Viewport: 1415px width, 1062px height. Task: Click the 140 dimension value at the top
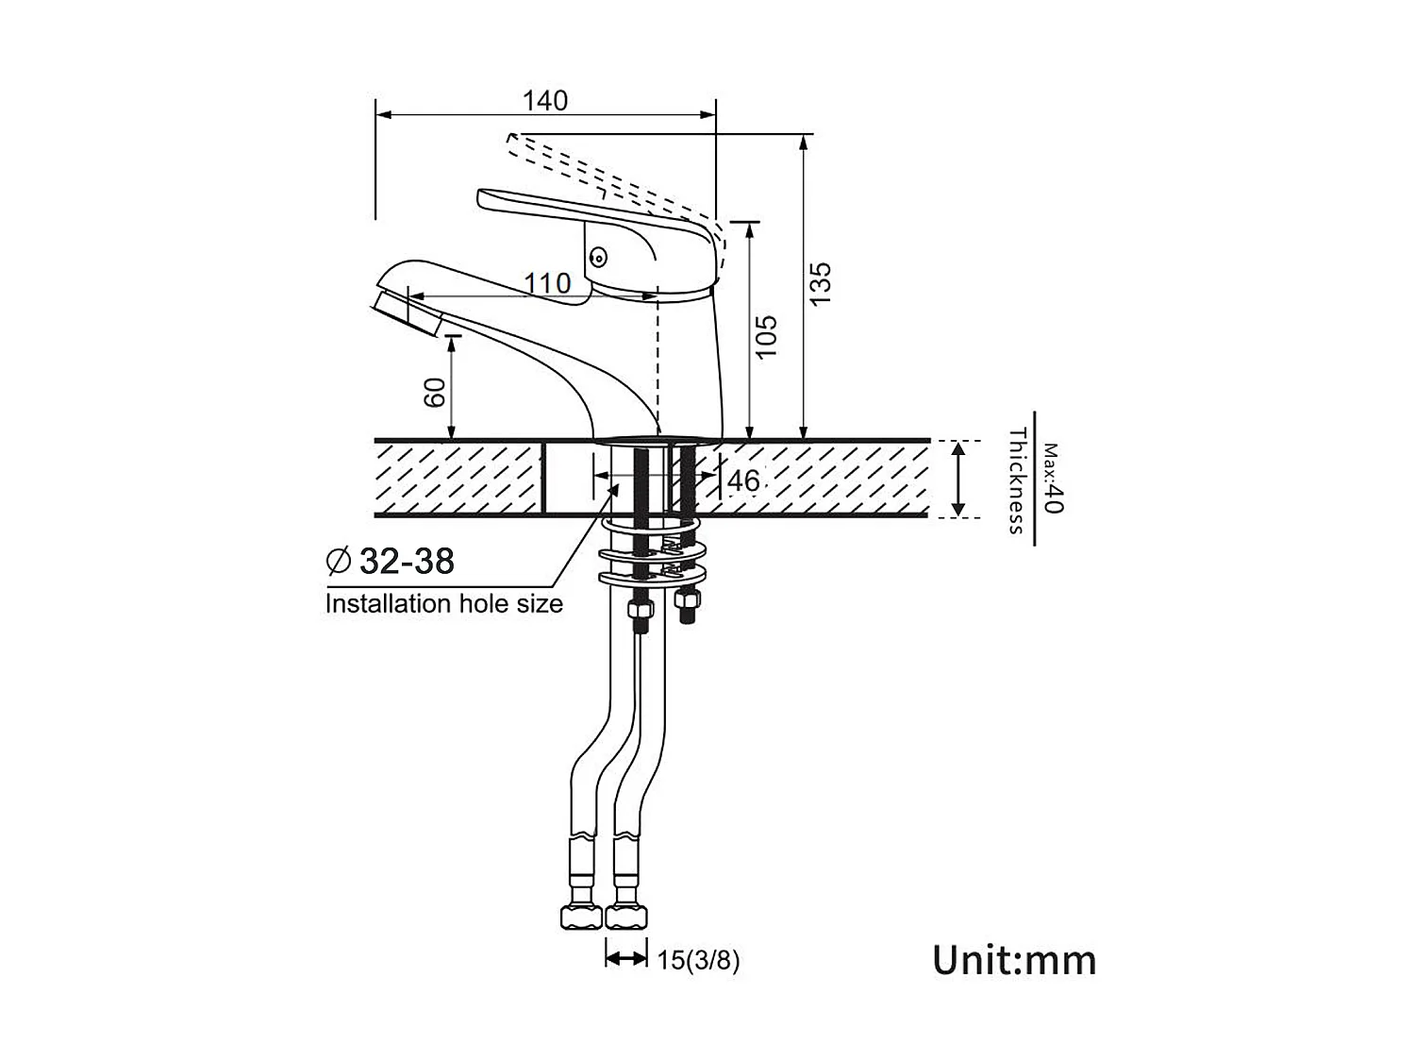[x=544, y=101]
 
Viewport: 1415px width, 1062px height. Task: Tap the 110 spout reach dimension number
[x=547, y=283]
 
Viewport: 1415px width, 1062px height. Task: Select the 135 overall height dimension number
[x=820, y=284]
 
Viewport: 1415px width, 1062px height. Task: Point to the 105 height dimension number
[x=765, y=336]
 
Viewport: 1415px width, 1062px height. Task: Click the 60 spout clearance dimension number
[x=435, y=392]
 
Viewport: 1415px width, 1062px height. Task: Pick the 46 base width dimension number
[x=743, y=480]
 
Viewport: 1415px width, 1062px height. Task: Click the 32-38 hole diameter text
[x=407, y=561]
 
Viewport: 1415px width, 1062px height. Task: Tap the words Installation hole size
[x=443, y=603]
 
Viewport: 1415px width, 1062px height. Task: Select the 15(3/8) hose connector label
[x=698, y=961]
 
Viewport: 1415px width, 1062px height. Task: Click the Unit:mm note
[x=1014, y=961]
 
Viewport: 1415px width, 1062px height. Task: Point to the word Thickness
[x=1017, y=480]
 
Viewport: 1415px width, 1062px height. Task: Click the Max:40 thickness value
[x=1052, y=478]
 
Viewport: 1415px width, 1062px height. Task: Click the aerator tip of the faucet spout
[x=407, y=314]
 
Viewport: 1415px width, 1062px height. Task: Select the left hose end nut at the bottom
[x=581, y=917]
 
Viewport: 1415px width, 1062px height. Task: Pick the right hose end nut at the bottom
[x=626, y=917]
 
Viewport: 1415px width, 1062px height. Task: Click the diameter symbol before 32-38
[x=339, y=561]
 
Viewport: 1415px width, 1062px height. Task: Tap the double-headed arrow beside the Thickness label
[x=957, y=480]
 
